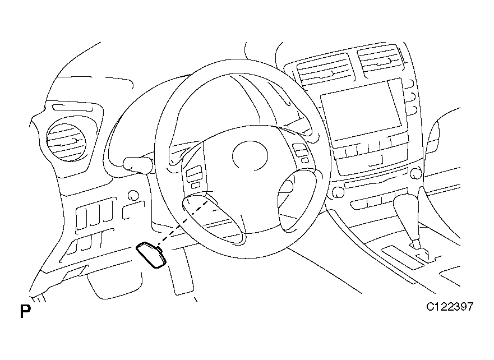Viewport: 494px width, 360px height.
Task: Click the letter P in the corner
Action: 26,311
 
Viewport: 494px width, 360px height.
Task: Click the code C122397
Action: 450,307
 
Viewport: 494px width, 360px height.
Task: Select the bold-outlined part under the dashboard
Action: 151,255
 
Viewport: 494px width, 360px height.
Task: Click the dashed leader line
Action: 183,220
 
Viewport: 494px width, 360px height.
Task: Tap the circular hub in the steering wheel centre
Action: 250,155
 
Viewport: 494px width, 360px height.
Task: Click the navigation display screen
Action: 361,110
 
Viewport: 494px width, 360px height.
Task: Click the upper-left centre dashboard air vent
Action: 324,70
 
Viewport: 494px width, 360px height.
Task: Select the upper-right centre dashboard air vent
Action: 381,61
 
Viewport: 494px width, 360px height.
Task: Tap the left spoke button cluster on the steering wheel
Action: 195,177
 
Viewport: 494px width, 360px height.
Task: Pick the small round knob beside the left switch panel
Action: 133,195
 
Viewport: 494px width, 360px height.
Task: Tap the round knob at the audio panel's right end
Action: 416,173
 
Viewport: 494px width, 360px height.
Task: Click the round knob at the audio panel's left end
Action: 337,192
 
